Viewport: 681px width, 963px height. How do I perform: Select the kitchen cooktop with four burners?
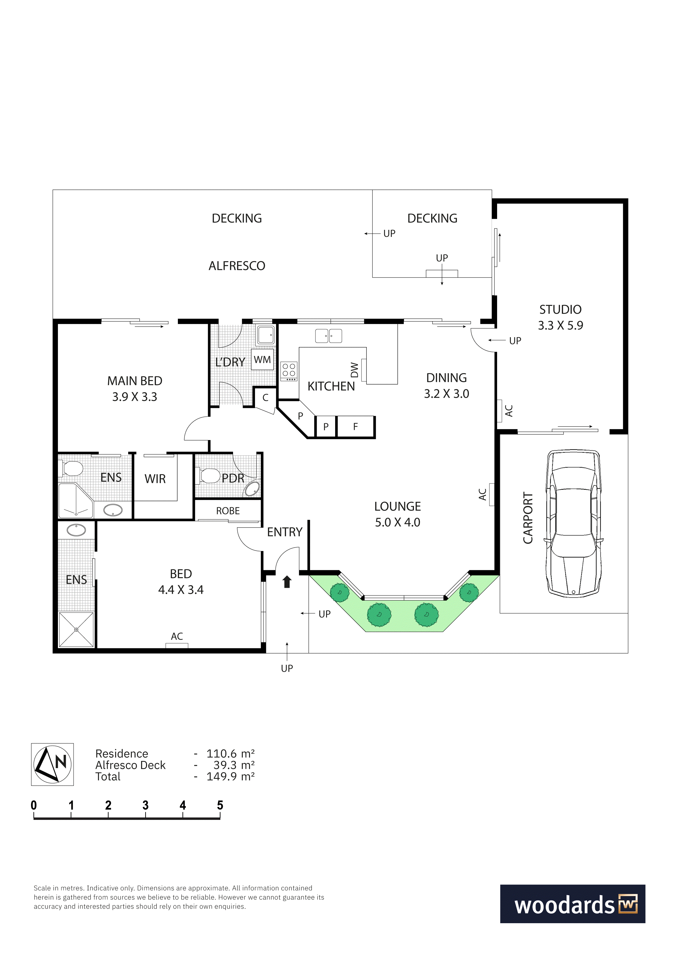pyautogui.click(x=289, y=371)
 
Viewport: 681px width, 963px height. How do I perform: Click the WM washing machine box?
pyautogui.click(x=262, y=359)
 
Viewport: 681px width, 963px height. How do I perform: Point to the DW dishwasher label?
pyautogui.click(x=355, y=370)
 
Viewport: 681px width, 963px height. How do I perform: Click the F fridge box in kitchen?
pyautogui.click(x=355, y=427)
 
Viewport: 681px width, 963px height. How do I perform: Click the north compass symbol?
pyautogui.click(x=52, y=764)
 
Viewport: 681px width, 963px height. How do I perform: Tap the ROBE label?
pyautogui.click(x=228, y=511)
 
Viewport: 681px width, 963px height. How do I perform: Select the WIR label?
pyautogui.click(x=155, y=479)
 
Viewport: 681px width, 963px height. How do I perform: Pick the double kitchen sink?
pyautogui.click(x=329, y=336)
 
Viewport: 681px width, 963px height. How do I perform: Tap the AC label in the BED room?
pyautogui.click(x=177, y=636)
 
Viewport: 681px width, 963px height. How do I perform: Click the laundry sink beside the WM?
pyautogui.click(x=266, y=335)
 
